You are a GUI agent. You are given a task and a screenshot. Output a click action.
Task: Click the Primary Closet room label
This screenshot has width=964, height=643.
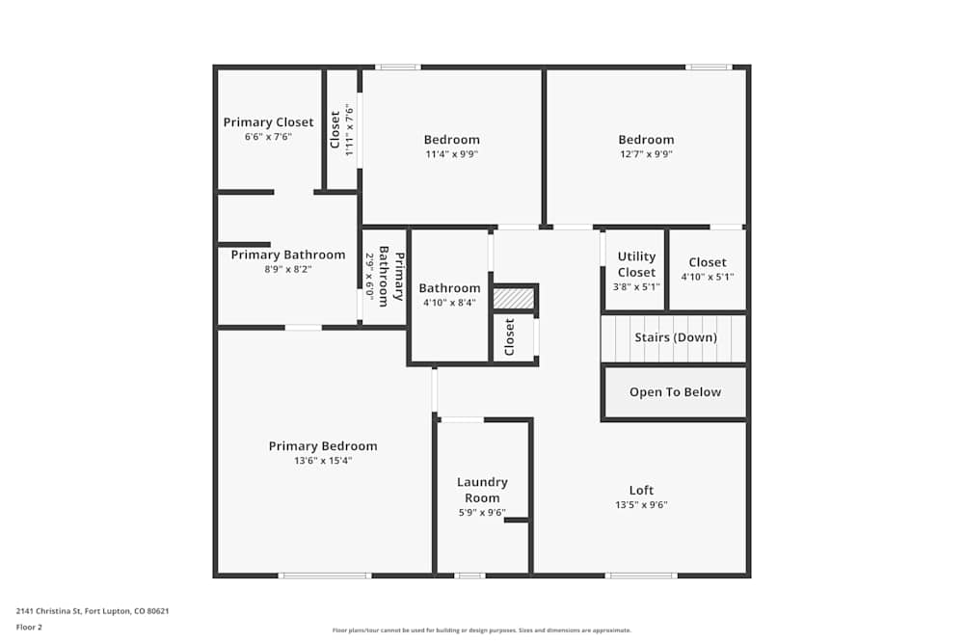tap(268, 122)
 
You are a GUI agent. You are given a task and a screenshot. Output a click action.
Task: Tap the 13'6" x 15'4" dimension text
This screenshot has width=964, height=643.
tap(323, 461)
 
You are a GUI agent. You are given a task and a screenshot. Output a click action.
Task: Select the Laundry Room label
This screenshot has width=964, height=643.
tap(482, 490)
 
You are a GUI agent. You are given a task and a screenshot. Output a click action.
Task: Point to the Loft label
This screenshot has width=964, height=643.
tap(641, 491)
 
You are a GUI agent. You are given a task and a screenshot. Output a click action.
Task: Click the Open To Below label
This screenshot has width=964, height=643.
tap(675, 392)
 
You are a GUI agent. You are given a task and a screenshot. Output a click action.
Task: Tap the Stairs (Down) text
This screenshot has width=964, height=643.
tap(675, 337)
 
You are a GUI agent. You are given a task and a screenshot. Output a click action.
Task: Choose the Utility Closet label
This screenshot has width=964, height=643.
tap(636, 264)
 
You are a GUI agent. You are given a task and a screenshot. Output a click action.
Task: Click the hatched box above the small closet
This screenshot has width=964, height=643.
tap(513, 299)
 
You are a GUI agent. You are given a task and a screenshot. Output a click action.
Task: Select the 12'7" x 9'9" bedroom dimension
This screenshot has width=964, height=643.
tap(646, 154)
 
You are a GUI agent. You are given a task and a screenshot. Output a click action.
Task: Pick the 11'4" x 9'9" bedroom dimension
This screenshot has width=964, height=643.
tap(451, 154)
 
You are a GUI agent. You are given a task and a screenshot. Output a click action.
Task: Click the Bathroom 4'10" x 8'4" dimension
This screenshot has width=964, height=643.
tap(449, 303)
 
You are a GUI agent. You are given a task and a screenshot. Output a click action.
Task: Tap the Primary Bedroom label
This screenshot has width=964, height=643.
tap(323, 446)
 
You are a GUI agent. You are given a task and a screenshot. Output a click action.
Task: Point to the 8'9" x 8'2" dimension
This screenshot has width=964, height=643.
tap(288, 269)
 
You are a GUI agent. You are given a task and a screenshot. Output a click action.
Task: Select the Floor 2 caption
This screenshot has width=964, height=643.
tap(29, 627)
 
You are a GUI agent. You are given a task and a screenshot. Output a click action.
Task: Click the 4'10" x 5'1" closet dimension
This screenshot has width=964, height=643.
tap(708, 277)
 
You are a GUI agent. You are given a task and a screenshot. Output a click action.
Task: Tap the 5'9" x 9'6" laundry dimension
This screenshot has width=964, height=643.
tap(482, 513)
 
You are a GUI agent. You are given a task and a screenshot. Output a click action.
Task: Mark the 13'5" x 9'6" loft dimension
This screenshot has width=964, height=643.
tap(641, 505)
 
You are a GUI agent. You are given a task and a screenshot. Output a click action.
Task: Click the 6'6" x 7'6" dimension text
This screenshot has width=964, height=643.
tap(268, 137)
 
